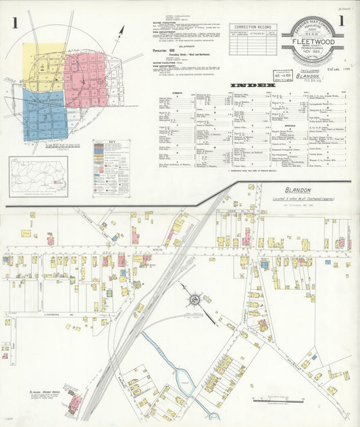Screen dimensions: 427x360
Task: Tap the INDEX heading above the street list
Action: pyautogui.click(x=253, y=86)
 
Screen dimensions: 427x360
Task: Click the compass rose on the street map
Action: pyautogui.click(x=195, y=297)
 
